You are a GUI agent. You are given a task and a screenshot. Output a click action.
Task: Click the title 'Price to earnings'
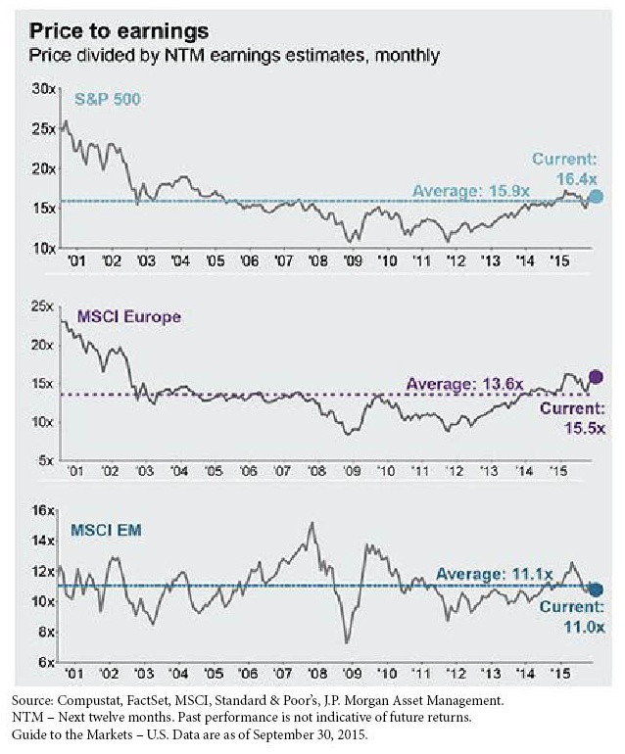click(x=119, y=31)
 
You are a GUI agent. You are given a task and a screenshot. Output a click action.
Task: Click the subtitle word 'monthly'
click(x=408, y=55)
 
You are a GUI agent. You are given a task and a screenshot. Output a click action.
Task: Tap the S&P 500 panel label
click(x=108, y=100)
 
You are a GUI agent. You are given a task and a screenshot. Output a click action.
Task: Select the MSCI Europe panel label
click(x=129, y=316)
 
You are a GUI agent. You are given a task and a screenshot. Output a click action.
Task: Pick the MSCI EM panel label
click(x=106, y=530)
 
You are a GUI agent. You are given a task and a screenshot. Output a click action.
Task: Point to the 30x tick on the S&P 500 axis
click(x=45, y=90)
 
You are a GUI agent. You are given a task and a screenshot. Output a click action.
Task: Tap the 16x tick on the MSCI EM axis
click(x=44, y=510)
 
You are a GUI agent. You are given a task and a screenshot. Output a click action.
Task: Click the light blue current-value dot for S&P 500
click(x=596, y=197)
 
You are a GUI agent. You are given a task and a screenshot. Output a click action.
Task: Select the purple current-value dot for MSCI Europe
click(x=596, y=377)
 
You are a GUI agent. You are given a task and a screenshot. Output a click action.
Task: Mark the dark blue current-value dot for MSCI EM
click(x=596, y=589)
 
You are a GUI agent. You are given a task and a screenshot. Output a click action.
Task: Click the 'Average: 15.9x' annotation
click(x=471, y=191)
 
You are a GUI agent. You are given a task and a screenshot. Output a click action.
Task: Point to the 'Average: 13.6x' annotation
click(x=464, y=384)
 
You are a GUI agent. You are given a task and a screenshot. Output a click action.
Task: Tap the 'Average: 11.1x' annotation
click(x=494, y=574)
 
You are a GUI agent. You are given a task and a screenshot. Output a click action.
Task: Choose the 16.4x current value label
click(x=576, y=179)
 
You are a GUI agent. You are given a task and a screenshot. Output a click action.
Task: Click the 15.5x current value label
click(x=584, y=428)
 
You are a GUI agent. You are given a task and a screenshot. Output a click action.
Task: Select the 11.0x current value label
click(x=584, y=627)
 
